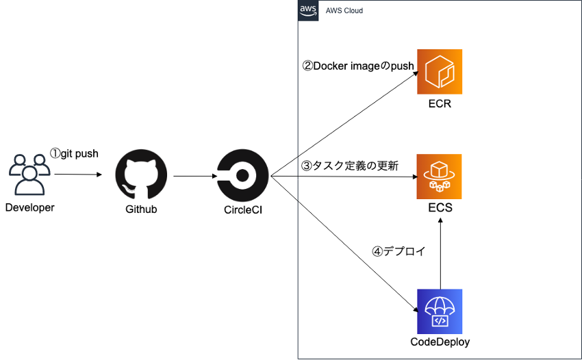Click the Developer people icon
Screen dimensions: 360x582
click(x=29, y=175)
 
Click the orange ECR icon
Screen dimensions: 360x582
click(x=440, y=72)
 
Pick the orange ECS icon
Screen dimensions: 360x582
click(x=440, y=177)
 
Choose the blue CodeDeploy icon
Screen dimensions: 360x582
click(x=440, y=311)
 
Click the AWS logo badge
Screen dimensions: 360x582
click(x=308, y=10)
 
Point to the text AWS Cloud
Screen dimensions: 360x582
click(x=344, y=11)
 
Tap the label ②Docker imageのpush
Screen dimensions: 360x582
click(x=358, y=66)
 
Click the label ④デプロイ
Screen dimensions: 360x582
click(x=398, y=251)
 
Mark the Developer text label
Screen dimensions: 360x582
click(x=29, y=207)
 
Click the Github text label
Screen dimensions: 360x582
click(x=142, y=209)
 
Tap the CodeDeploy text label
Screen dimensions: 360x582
click(x=440, y=342)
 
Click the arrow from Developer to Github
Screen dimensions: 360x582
click(x=78, y=175)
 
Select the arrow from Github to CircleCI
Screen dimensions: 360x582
click(x=194, y=177)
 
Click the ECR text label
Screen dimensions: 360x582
click(x=440, y=104)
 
